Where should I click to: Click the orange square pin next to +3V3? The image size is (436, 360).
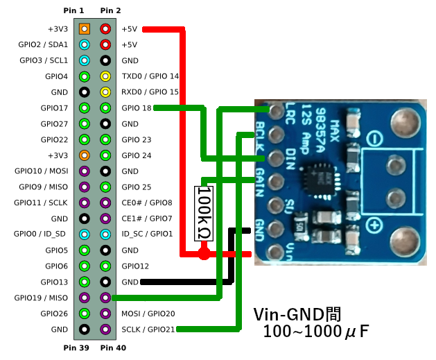(84, 29)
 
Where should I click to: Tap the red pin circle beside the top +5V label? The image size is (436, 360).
(105, 29)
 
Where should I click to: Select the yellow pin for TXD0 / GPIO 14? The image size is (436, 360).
(105, 76)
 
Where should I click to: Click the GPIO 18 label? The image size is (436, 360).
(136, 108)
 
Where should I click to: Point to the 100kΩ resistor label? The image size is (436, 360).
(204, 213)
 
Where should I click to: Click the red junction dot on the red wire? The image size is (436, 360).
(204, 255)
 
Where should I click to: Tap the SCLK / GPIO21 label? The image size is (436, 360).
(149, 329)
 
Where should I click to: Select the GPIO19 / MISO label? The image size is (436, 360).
(41, 298)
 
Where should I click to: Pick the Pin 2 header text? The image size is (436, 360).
(110, 11)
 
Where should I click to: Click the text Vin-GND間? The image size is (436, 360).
(297, 314)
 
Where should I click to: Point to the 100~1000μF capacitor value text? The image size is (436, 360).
(315, 332)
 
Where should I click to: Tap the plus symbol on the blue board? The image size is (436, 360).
(376, 225)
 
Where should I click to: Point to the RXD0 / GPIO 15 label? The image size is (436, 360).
(150, 92)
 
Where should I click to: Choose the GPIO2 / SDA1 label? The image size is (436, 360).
(43, 45)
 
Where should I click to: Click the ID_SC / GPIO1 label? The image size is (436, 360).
(147, 234)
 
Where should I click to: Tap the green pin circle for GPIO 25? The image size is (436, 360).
(105, 187)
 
